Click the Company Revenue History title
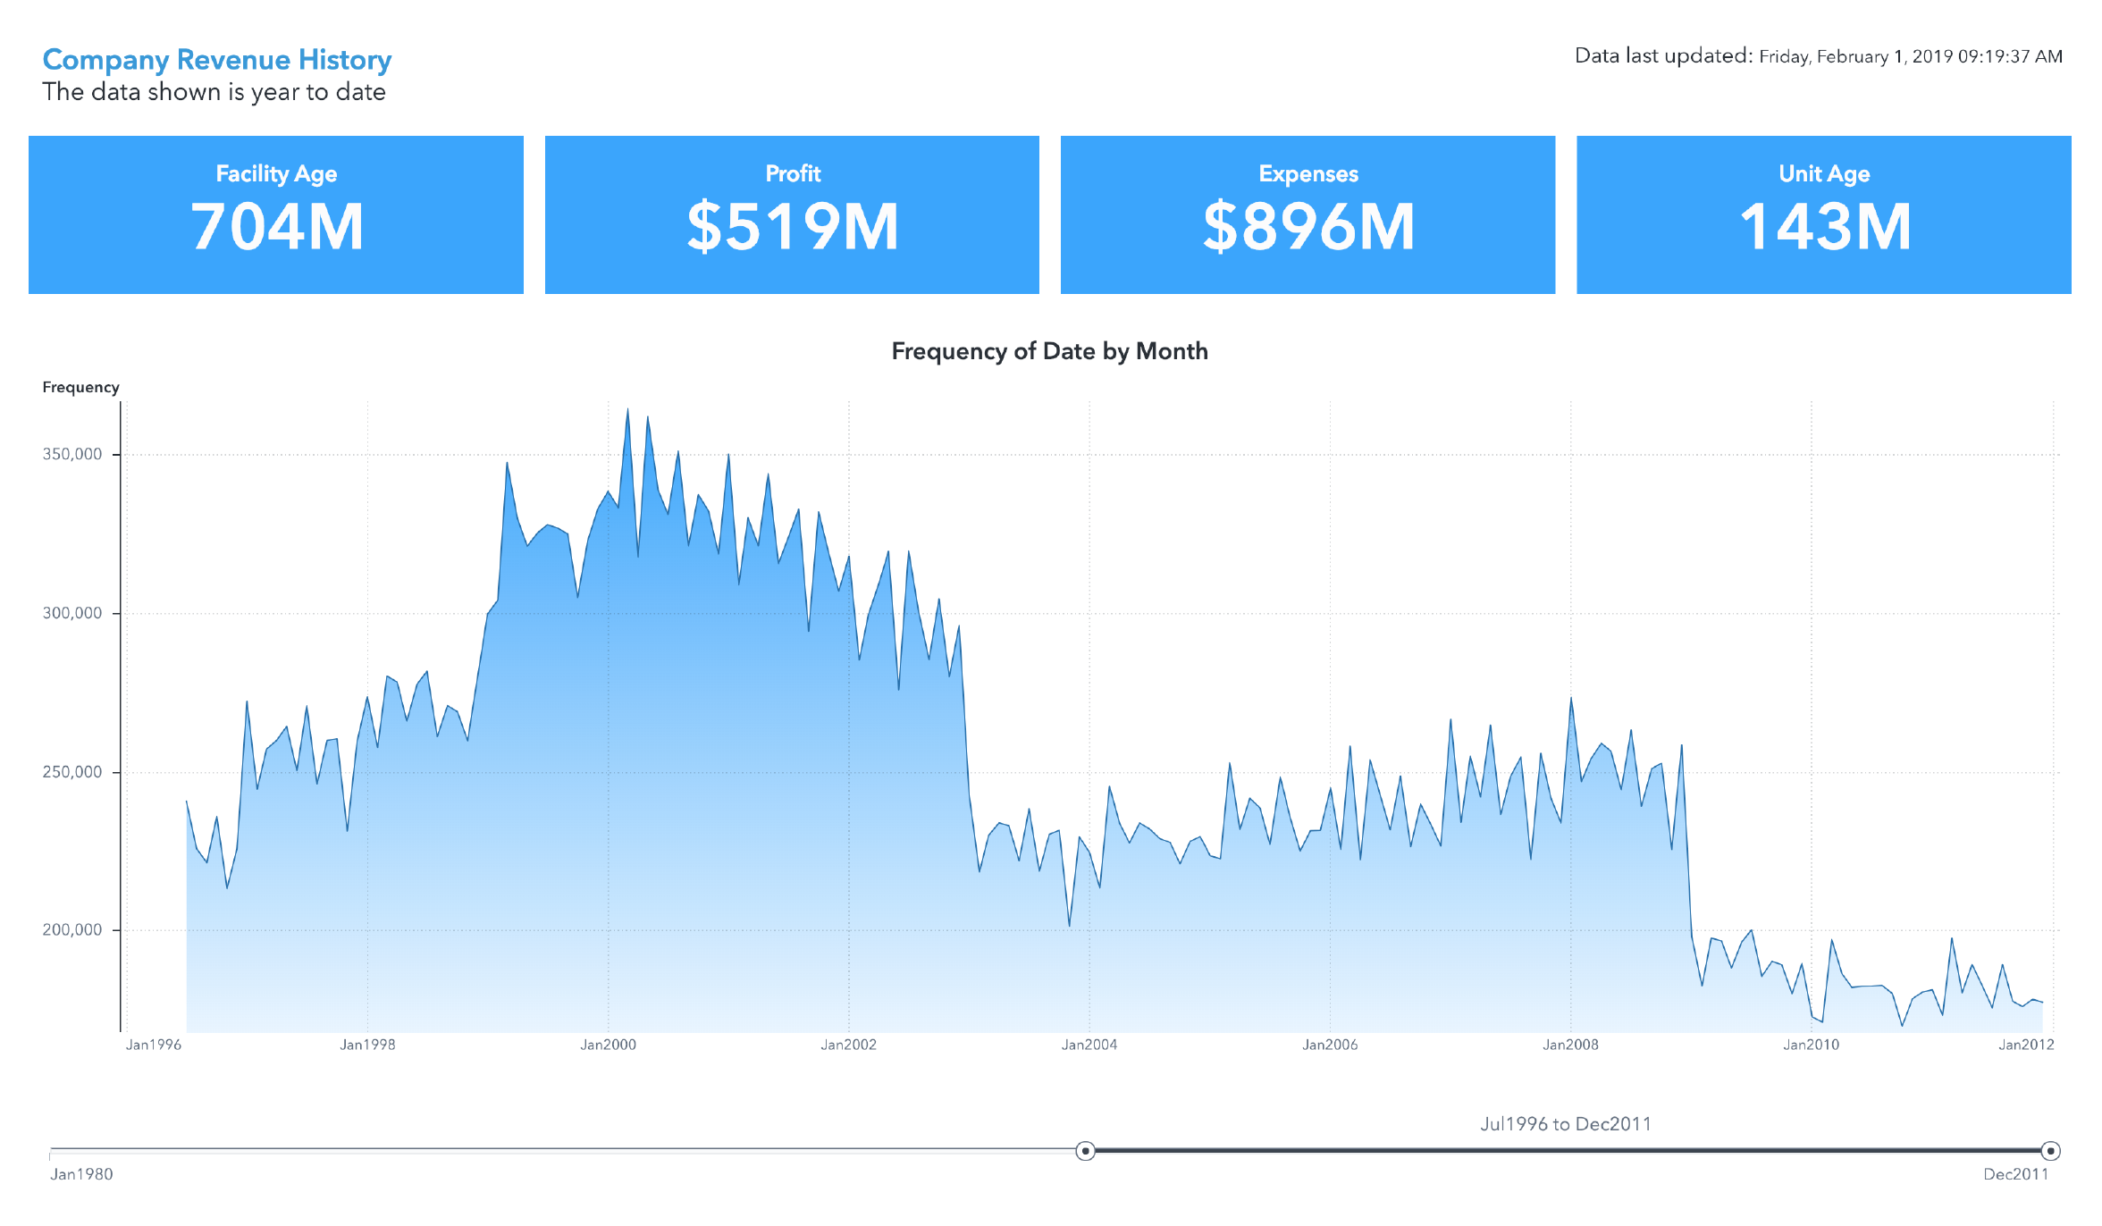point(217,60)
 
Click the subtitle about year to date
point(214,92)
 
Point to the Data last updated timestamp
point(1818,56)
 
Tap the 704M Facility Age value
point(276,227)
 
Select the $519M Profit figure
point(792,227)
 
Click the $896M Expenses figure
point(1307,227)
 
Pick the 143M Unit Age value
point(1824,227)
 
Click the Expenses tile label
point(1307,173)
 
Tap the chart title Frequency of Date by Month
point(1049,351)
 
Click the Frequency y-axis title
point(80,387)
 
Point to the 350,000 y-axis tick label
point(72,454)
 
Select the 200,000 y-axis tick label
point(72,929)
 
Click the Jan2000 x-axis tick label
point(608,1045)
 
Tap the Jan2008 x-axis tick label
point(1570,1045)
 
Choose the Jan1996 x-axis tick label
point(154,1045)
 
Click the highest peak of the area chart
point(627,410)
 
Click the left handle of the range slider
point(1085,1150)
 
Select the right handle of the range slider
point(2050,1150)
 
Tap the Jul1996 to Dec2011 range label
point(1565,1124)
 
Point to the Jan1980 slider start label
point(81,1174)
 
